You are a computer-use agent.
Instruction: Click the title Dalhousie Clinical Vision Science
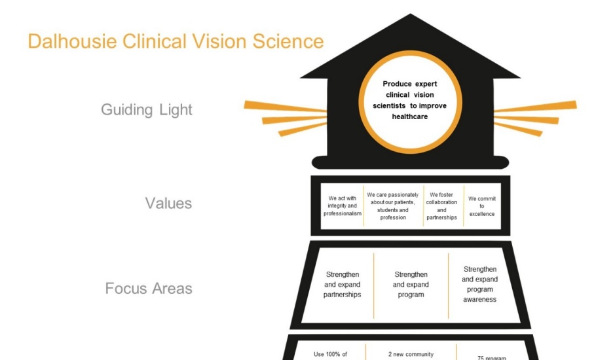point(176,41)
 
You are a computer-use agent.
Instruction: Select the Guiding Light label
point(147,109)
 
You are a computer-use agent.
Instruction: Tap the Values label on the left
point(168,203)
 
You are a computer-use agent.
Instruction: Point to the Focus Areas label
point(149,288)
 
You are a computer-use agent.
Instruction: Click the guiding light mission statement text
point(410,99)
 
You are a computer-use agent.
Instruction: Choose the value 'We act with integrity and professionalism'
point(343,206)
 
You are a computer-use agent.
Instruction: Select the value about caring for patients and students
point(393,206)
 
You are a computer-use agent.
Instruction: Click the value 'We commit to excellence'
point(482,206)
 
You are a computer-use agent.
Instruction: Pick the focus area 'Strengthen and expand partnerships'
point(342,285)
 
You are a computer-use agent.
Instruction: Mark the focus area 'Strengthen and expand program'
point(411,285)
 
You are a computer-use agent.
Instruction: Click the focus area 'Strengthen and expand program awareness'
point(479,284)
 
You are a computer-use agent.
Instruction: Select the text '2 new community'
point(411,354)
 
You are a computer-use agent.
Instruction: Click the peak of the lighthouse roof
point(411,16)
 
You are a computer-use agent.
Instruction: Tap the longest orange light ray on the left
point(285,107)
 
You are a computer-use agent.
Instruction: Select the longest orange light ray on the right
point(535,107)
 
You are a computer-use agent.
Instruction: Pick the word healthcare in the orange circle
point(410,117)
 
